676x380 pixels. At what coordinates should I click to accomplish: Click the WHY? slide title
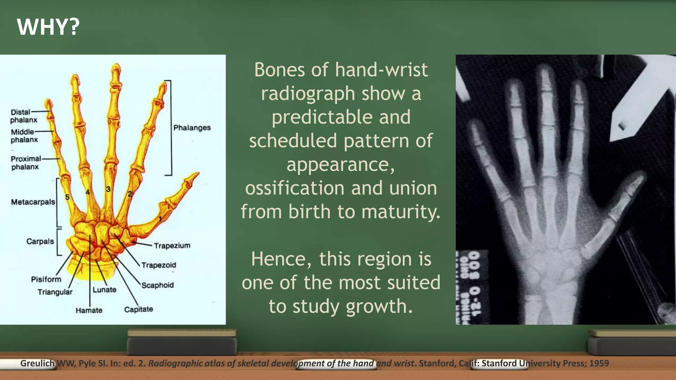coord(48,27)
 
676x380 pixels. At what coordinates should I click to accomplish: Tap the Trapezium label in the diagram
coord(172,246)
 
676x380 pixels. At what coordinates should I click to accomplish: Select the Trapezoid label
coord(159,265)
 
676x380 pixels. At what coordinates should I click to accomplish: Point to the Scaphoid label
coord(157,285)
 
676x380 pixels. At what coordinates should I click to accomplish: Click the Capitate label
coord(139,309)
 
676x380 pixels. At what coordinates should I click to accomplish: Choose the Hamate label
coord(89,310)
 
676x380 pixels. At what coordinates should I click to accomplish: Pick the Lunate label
coord(104,290)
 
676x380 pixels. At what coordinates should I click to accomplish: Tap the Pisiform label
coord(46,279)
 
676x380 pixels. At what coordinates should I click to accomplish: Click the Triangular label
coord(55,292)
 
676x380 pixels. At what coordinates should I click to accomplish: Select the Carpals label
coord(40,241)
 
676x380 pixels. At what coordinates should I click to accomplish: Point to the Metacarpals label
coord(33,202)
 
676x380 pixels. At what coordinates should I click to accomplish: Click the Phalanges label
coord(192,128)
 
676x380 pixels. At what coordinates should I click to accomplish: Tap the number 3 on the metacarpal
coord(108,189)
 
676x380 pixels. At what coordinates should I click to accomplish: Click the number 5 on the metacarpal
coord(67,197)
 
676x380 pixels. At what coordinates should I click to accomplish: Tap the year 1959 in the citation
coord(599,363)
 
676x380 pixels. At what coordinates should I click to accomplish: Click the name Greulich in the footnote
coord(37,363)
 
